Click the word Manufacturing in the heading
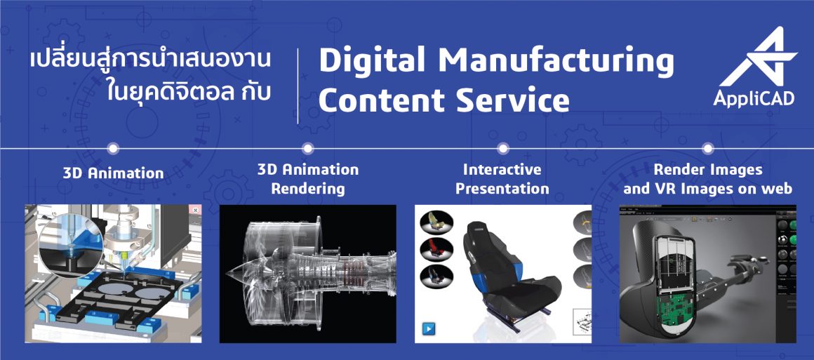[556, 62]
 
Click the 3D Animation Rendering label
[308, 179]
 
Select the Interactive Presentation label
[502, 179]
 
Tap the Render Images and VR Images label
[707, 179]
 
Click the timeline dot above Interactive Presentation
[502, 148]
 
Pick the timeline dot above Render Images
[707, 148]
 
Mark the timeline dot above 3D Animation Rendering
[307, 148]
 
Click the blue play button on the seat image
[429, 328]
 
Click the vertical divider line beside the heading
[298, 86]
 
